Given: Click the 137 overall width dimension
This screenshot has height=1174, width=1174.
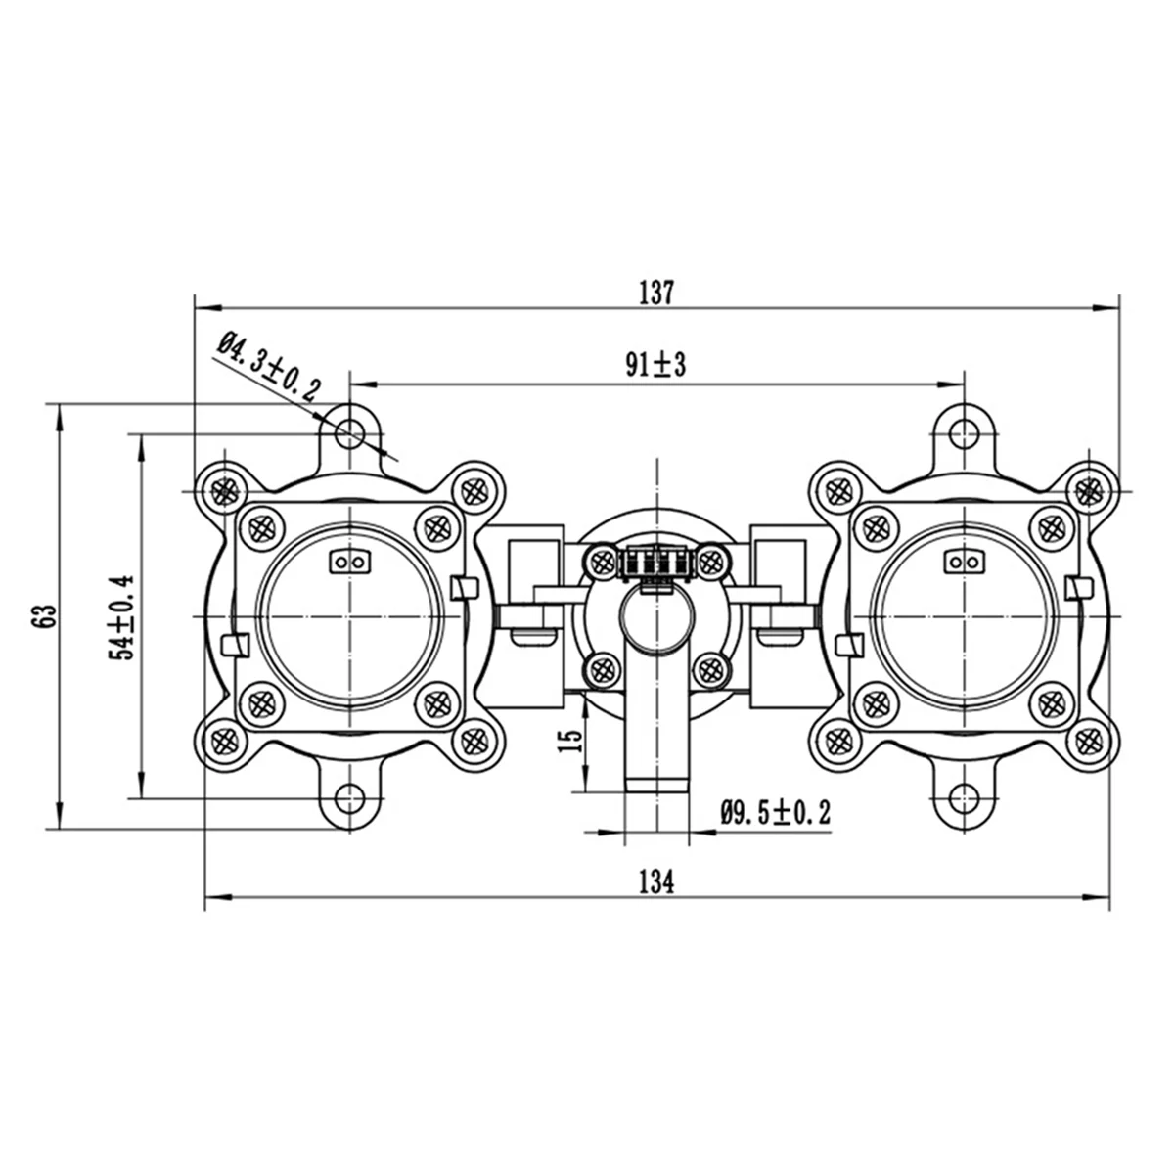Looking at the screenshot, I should [x=657, y=292].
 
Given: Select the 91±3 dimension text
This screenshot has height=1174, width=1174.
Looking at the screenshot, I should [x=657, y=366].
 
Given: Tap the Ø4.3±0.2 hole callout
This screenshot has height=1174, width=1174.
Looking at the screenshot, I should [x=268, y=368].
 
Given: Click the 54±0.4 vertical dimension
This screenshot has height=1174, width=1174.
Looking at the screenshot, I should [x=124, y=618].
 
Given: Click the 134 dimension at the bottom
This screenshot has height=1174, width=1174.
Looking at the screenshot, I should [x=656, y=881].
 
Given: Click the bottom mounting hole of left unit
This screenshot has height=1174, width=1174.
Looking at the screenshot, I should [x=348, y=795].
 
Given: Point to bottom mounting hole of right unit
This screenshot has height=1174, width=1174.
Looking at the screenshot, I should [x=965, y=795].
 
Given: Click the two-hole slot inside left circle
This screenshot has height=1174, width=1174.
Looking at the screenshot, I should [x=348, y=562].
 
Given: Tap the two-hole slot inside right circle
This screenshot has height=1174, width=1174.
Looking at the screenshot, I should [x=965, y=562].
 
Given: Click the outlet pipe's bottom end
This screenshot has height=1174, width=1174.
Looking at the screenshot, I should [x=655, y=783].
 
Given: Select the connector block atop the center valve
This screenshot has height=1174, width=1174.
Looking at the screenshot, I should [x=655, y=564].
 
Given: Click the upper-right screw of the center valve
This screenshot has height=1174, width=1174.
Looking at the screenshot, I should [x=711, y=561].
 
